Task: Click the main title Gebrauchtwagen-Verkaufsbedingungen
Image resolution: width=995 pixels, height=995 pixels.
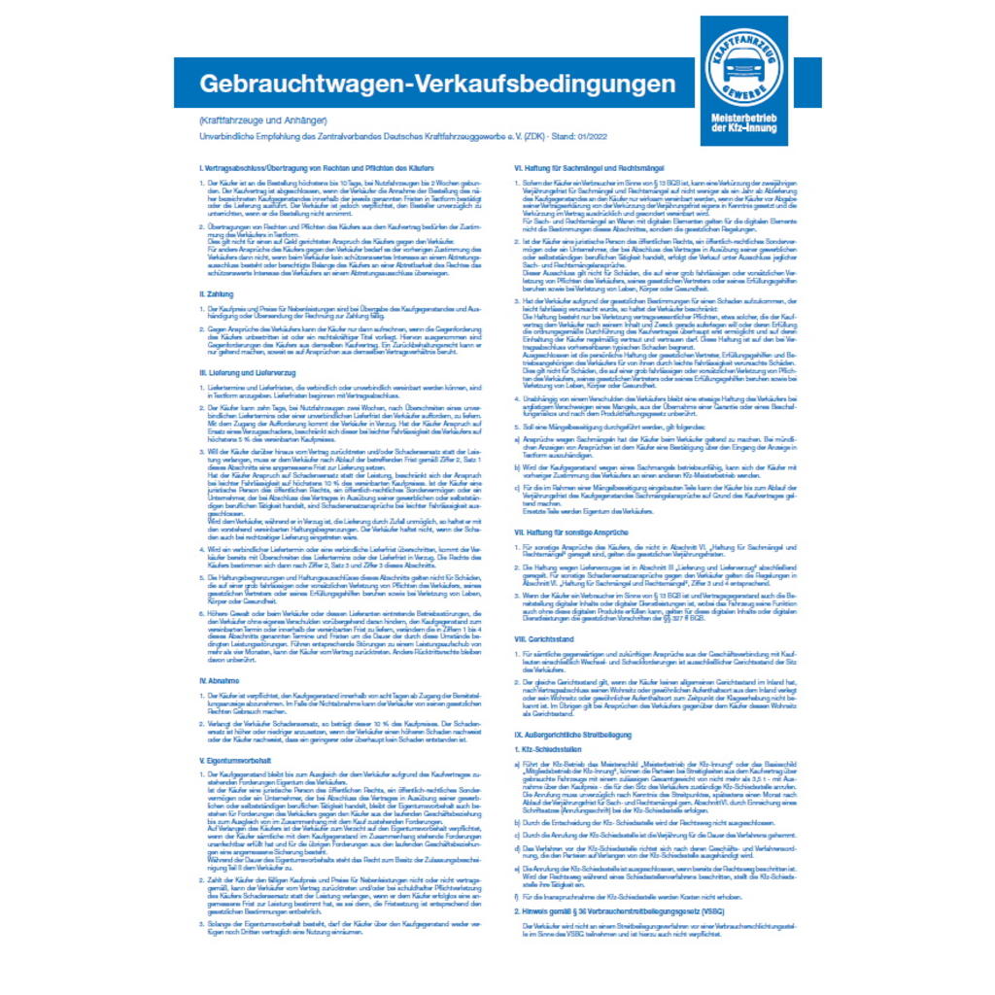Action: point(437,84)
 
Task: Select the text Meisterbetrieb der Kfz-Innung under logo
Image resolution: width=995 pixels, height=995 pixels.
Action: point(743,122)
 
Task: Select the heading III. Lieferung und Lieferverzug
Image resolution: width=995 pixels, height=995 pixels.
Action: point(247,373)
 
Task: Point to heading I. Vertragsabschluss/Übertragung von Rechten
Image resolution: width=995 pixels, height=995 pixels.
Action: point(306,170)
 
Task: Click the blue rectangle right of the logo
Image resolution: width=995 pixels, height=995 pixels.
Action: point(807,83)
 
